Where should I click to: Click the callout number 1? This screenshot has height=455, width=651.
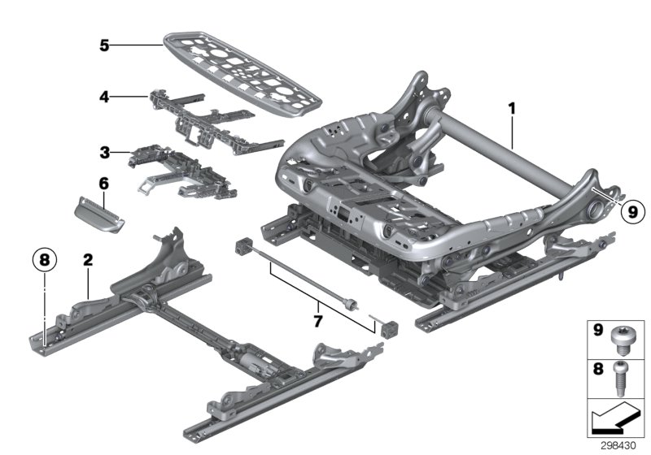(x=512, y=106)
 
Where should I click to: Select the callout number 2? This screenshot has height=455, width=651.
(x=88, y=261)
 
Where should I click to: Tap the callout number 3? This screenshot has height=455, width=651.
(x=104, y=152)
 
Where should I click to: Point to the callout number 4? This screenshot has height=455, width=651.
(x=104, y=97)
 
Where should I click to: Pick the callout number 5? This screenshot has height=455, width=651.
(x=104, y=45)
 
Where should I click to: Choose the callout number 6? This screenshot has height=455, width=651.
(x=104, y=184)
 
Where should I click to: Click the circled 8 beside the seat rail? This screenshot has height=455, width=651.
(x=45, y=261)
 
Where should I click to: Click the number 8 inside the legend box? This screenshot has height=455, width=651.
(x=598, y=368)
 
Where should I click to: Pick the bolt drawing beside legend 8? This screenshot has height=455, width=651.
(x=624, y=374)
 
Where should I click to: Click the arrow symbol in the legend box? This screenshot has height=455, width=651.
(x=614, y=420)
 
